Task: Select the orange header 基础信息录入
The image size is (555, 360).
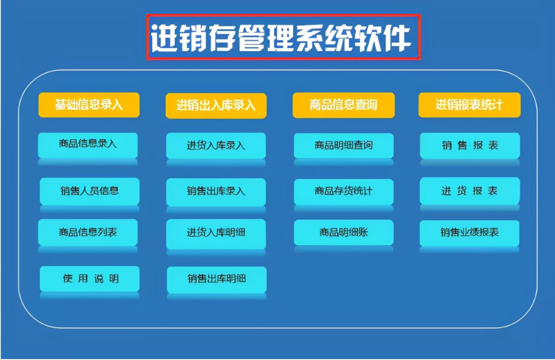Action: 89,105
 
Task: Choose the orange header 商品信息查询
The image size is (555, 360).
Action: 343,105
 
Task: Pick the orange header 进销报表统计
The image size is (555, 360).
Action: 469,105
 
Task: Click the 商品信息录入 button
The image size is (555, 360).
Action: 88,144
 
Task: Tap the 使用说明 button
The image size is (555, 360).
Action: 90,279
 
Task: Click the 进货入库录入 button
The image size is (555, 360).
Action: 216,146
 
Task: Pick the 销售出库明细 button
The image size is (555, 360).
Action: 216,279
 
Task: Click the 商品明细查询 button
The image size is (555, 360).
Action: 344,145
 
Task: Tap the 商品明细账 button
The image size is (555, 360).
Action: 344,232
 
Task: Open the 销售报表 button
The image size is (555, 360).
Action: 470,145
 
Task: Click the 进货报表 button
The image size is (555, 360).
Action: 470,191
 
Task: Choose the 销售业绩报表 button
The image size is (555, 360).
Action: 470,233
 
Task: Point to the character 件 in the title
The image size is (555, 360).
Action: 397,37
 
